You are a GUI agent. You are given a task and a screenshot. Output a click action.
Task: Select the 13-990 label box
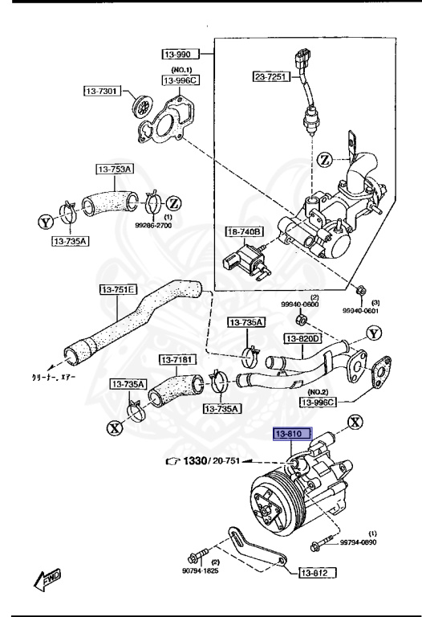coord(178,54)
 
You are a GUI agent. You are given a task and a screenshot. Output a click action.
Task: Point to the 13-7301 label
coord(102,91)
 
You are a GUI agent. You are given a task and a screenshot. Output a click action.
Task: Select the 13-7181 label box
coord(177,359)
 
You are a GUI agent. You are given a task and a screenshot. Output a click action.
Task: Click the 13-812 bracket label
coord(319,573)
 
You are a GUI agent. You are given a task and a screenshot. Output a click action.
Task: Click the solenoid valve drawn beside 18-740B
coord(241,259)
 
